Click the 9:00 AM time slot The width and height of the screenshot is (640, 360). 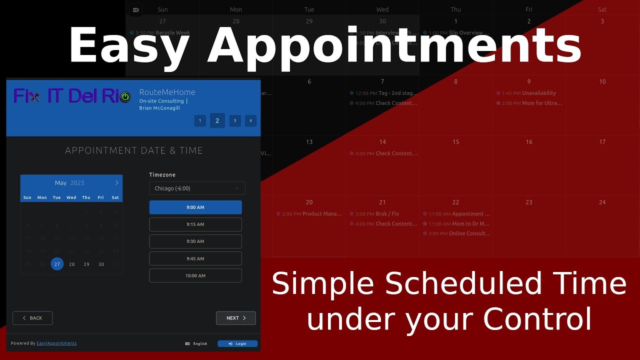[195, 207]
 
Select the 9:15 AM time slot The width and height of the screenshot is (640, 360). [195, 224]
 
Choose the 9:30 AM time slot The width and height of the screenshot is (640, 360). [195, 241]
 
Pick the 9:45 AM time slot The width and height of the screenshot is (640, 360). [195, 258]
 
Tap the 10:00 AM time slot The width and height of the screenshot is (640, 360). [195, 275]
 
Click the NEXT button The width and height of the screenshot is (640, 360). [236, 318]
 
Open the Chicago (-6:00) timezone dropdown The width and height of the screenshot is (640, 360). [197, 188]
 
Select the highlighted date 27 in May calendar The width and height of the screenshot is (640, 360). [57, 264]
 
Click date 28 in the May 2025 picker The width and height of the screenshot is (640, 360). [72, 264]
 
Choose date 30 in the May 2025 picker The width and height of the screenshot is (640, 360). [101, 264]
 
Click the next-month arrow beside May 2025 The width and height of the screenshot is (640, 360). [117, 183]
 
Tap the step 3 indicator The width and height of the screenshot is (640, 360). [235, 120]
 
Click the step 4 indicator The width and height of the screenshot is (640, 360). [250, 120]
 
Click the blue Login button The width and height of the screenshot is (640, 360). [237, 343]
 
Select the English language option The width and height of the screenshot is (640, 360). [196, 343]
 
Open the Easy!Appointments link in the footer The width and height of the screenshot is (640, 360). [56, 343]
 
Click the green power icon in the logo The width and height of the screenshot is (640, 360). [125, 97]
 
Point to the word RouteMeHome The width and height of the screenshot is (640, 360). [167, 92]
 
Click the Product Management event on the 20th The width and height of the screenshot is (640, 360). [309, 214]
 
